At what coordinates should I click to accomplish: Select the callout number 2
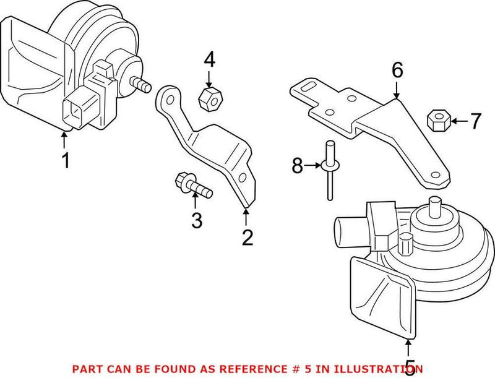247,237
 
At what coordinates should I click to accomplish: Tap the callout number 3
196,220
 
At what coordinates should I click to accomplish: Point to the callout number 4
209,60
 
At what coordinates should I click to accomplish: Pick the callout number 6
397,70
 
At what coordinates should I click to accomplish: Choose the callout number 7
474,121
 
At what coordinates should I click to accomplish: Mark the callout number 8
298,165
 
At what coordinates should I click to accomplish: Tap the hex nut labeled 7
437,119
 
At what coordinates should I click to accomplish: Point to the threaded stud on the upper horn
141,84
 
